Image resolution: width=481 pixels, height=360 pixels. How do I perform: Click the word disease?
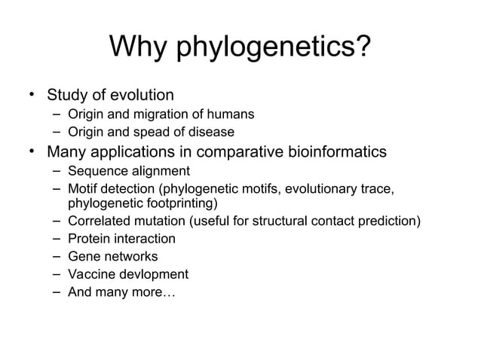point(213,133)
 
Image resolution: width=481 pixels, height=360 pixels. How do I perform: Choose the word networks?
point(132,256)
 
